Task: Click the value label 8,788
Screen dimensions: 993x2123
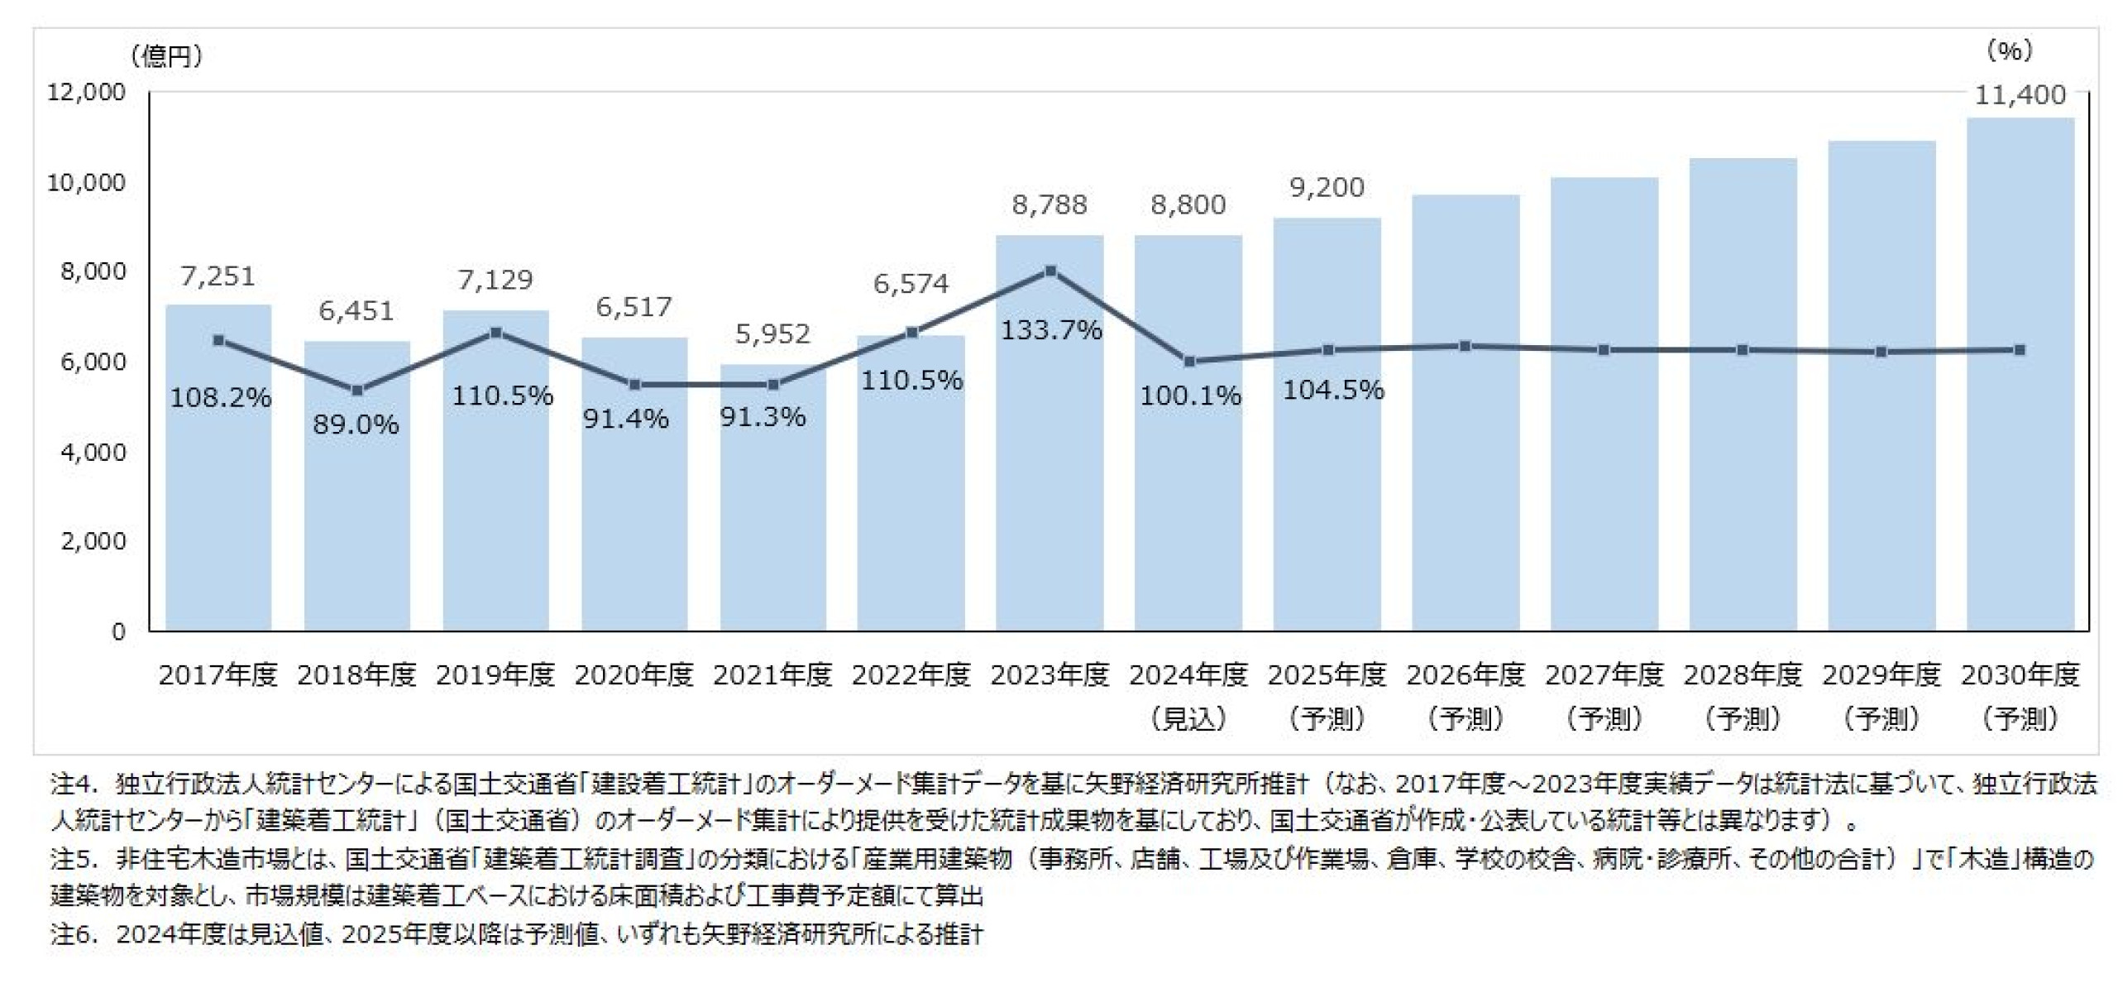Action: click(x=1050, y=205)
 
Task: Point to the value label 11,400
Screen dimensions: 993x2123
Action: click(x=2020, y=95)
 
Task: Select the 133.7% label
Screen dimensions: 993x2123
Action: click(x=1051, y=331)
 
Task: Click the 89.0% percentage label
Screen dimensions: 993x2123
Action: click(x=356, y=425)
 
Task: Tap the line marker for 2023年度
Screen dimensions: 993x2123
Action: click(x=1050, y=271)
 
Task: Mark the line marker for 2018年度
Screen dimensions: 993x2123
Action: click(x=357, y=391)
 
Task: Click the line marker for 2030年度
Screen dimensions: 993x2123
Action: click(x=2020, y=350)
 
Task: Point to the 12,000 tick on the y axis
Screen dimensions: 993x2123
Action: click(x=86, y=92)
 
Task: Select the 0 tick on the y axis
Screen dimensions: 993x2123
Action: click(x=118, y=632)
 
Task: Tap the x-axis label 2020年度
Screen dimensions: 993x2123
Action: click(x=634, y=676)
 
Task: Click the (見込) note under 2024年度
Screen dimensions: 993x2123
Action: click(x=1188, y=719)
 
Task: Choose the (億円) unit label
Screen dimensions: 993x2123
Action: click(x=166, y=56)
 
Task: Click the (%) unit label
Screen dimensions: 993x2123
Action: click(x=2009, y=51)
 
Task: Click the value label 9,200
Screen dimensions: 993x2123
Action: click(x=1327, y=188)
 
